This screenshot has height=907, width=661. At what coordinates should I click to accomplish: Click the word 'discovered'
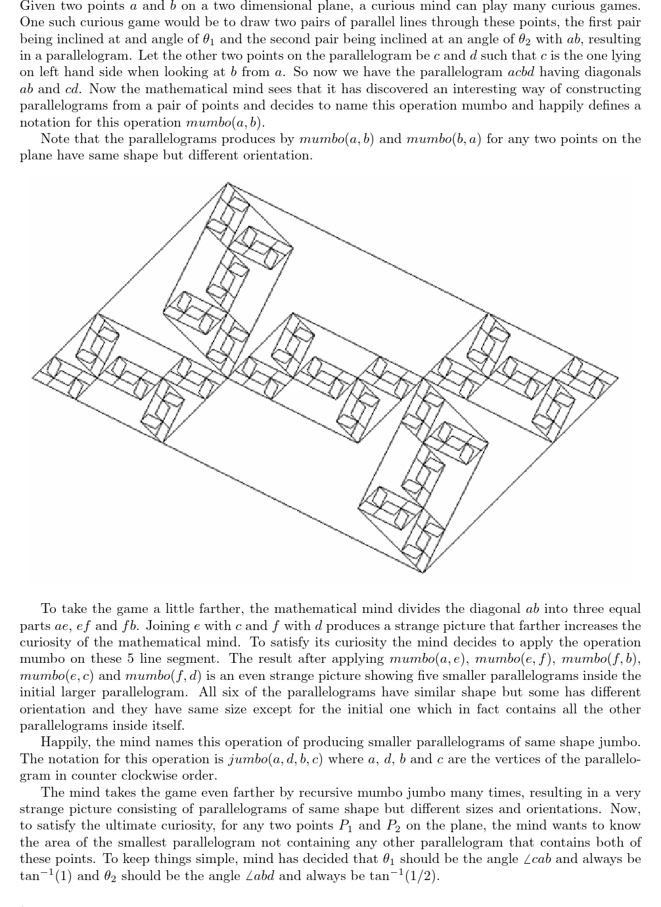pyautogui.click(x=428, y=89)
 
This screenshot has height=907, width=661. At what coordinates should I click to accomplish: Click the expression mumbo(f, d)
pyautogui.click(x=163, y=676)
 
